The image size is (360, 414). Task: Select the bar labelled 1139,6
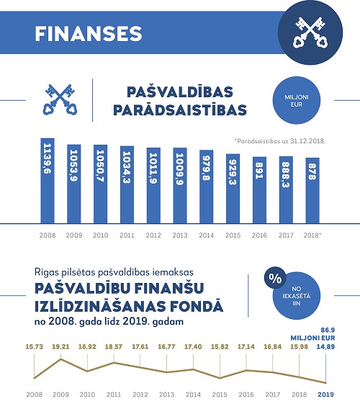coord(48,180)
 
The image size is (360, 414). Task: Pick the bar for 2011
coord(127,184)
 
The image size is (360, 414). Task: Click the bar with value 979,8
coord(207,186)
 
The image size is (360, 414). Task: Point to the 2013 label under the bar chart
coord(180,235)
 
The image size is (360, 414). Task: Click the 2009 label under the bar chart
coord(74,235)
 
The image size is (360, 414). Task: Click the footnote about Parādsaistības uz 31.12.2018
coord(280,141)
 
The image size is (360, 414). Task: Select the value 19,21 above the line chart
coord(60,346)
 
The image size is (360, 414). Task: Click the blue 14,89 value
coord(325,346)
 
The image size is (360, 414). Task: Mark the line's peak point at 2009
coord(60,359)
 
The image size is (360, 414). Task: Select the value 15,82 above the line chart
coord(219,346)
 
